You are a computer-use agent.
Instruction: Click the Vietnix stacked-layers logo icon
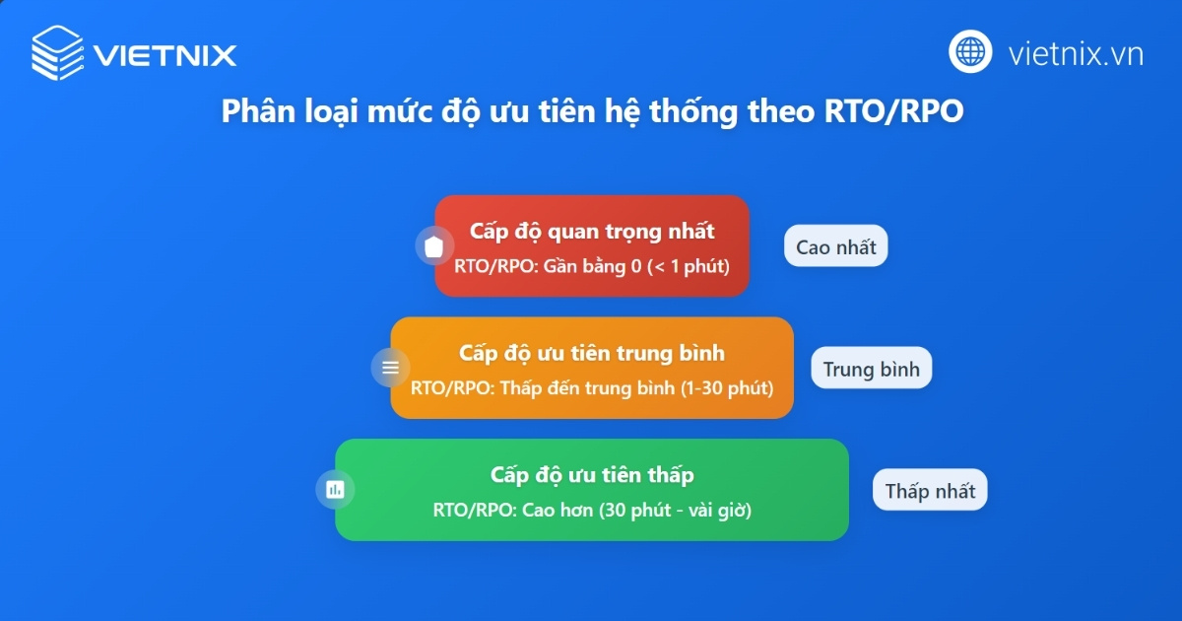(58, 52)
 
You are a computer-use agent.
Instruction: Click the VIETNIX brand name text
(165, 53)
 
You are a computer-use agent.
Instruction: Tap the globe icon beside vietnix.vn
(970, 51)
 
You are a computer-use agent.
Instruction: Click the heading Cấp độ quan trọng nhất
(592, 231)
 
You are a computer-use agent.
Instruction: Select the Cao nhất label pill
(835, 246)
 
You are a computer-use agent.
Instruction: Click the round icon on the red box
(433, 246)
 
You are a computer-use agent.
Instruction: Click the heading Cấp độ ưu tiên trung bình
(592, 353)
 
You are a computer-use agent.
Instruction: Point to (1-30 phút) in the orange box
(727, 387)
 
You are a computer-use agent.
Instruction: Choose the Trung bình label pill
(871, 369)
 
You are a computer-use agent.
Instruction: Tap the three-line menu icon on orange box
(390, 368)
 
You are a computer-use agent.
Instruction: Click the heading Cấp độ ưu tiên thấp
(592, 475)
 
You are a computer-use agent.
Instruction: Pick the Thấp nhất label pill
(929, 490)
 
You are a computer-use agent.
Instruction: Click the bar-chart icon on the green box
(335, 489)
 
